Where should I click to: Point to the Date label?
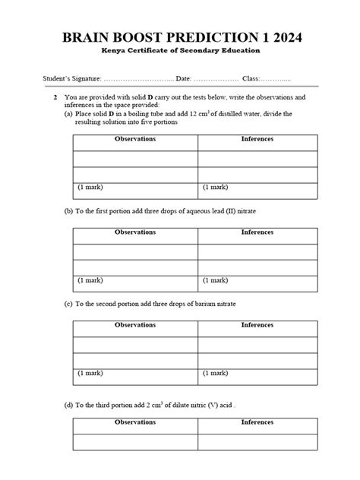point(185,79)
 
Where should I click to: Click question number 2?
point(55,98)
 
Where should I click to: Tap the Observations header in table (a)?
point(135,140)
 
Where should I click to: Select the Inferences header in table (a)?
point(257,140)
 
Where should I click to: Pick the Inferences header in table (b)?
point(257,232)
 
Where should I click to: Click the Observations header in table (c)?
point(135,325)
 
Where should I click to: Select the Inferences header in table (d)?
point(257,422)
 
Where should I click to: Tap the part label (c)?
point(68,303)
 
